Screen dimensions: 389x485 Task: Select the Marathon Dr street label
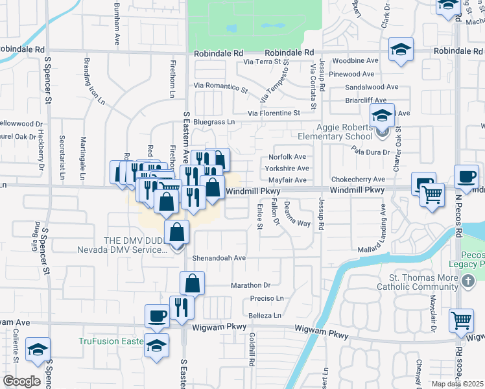(250, 285)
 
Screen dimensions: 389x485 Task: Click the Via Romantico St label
(221, 87)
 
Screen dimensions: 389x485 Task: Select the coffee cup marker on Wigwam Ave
(158, 316)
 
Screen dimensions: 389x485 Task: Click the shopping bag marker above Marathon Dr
(193, 283)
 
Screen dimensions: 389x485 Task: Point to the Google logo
(21, 381)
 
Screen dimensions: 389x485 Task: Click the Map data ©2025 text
(457, 384)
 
